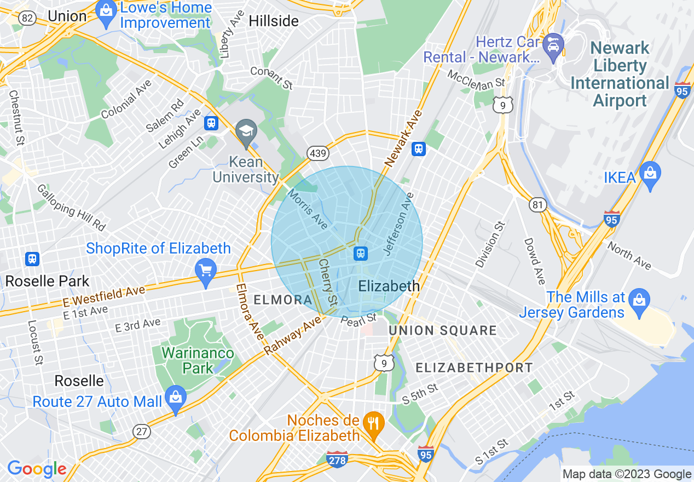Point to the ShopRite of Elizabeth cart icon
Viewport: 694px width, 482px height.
[x=206, y=271]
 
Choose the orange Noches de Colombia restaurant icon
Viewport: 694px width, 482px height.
[x=374, y=423]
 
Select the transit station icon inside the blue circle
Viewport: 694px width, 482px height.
[x=360, y=253]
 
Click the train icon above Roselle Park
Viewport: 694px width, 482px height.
[x=32, y=259]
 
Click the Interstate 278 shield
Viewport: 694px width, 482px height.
[x=337, y=459]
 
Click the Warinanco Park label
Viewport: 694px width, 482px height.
[x=198, y=360]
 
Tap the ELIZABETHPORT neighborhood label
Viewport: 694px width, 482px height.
[x=474, y=368]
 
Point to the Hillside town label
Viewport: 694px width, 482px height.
[x=274, y=21]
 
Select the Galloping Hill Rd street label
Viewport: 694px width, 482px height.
[x=71, y=208]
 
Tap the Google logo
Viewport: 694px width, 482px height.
[x=37, y=469]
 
